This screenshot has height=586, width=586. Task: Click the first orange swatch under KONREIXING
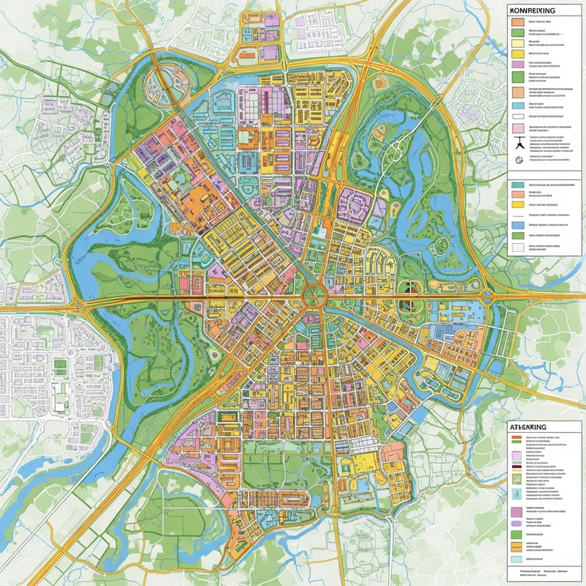click(517, 22)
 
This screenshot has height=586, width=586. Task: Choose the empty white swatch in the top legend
click(517, 116)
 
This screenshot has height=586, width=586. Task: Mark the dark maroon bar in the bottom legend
click(517, 466)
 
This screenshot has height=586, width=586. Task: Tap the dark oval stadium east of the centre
click(407, 303)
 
